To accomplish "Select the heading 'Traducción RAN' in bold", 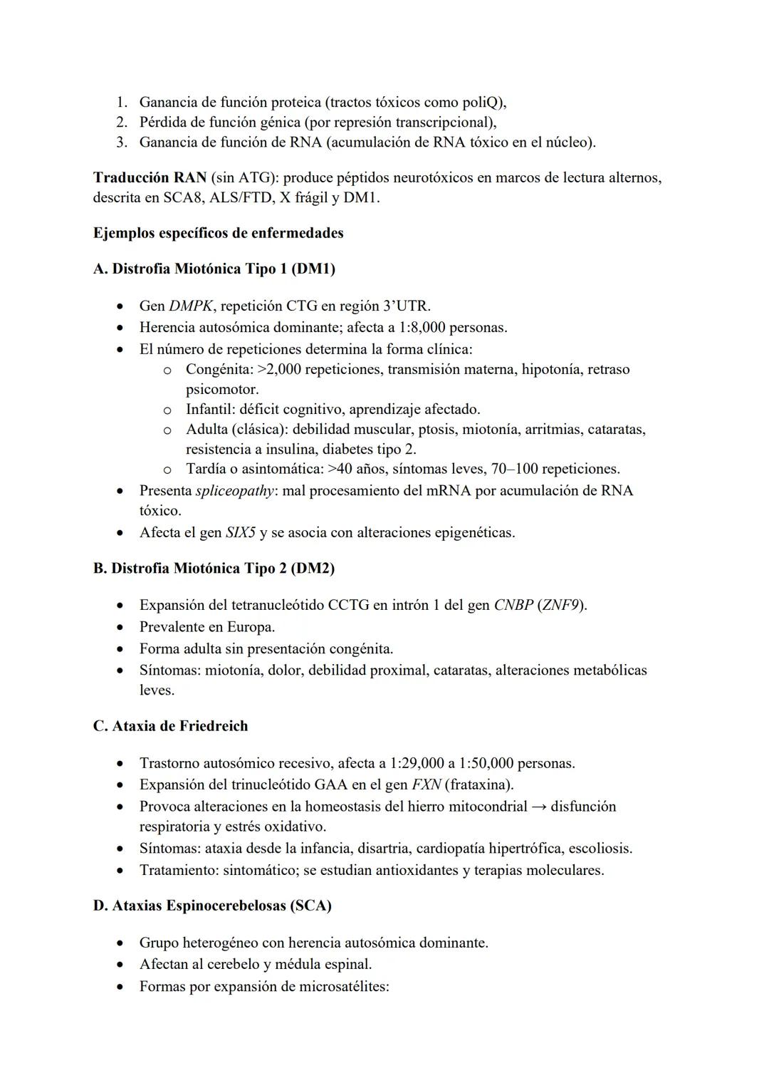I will click(150, 177).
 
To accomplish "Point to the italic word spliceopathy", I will click(234, 491).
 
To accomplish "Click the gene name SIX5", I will click(240, 533).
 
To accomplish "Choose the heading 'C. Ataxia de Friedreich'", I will click(170, 726).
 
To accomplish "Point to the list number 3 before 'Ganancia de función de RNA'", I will click(122, 142).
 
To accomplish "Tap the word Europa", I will click(251, 627).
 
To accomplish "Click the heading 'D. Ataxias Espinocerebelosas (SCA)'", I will click(212, 906).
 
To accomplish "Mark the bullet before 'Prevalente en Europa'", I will click(122, 628).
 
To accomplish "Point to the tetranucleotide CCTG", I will click(348, 606).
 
